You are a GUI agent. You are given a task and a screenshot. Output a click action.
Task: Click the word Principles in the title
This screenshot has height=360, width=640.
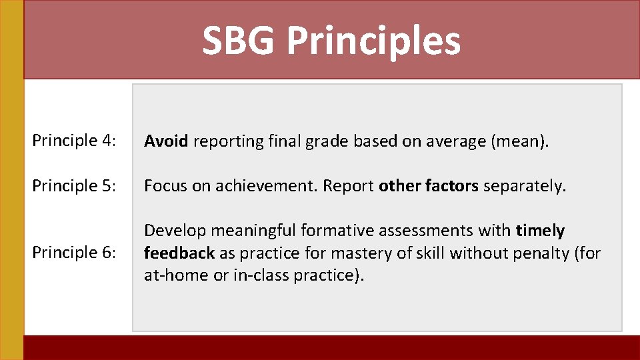point(373,41)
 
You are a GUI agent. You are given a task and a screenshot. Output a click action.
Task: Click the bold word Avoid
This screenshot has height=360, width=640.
point(167,141)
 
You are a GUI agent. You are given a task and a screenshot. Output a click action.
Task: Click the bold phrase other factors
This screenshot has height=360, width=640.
point(428,186)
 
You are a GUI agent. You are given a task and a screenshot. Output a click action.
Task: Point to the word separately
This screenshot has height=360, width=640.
point(524,187)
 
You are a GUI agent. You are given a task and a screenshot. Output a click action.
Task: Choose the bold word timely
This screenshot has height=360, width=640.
point(540,231)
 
